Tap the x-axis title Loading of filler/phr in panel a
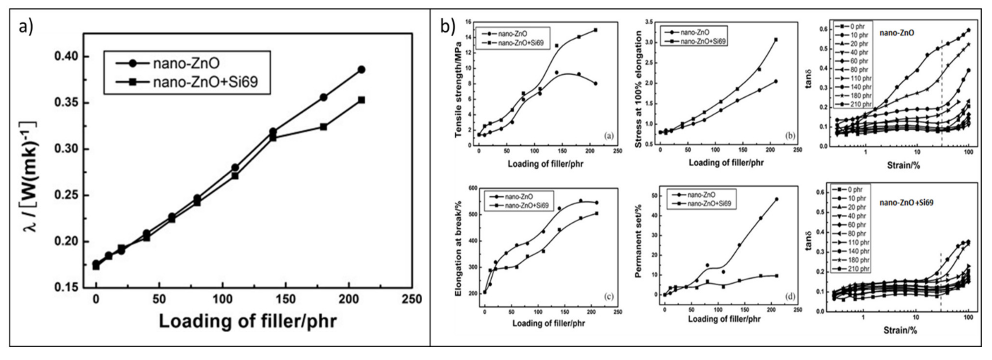click(248, 321)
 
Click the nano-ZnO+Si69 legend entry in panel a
click(205, 82)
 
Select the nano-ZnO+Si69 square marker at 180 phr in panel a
click(324, 127)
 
